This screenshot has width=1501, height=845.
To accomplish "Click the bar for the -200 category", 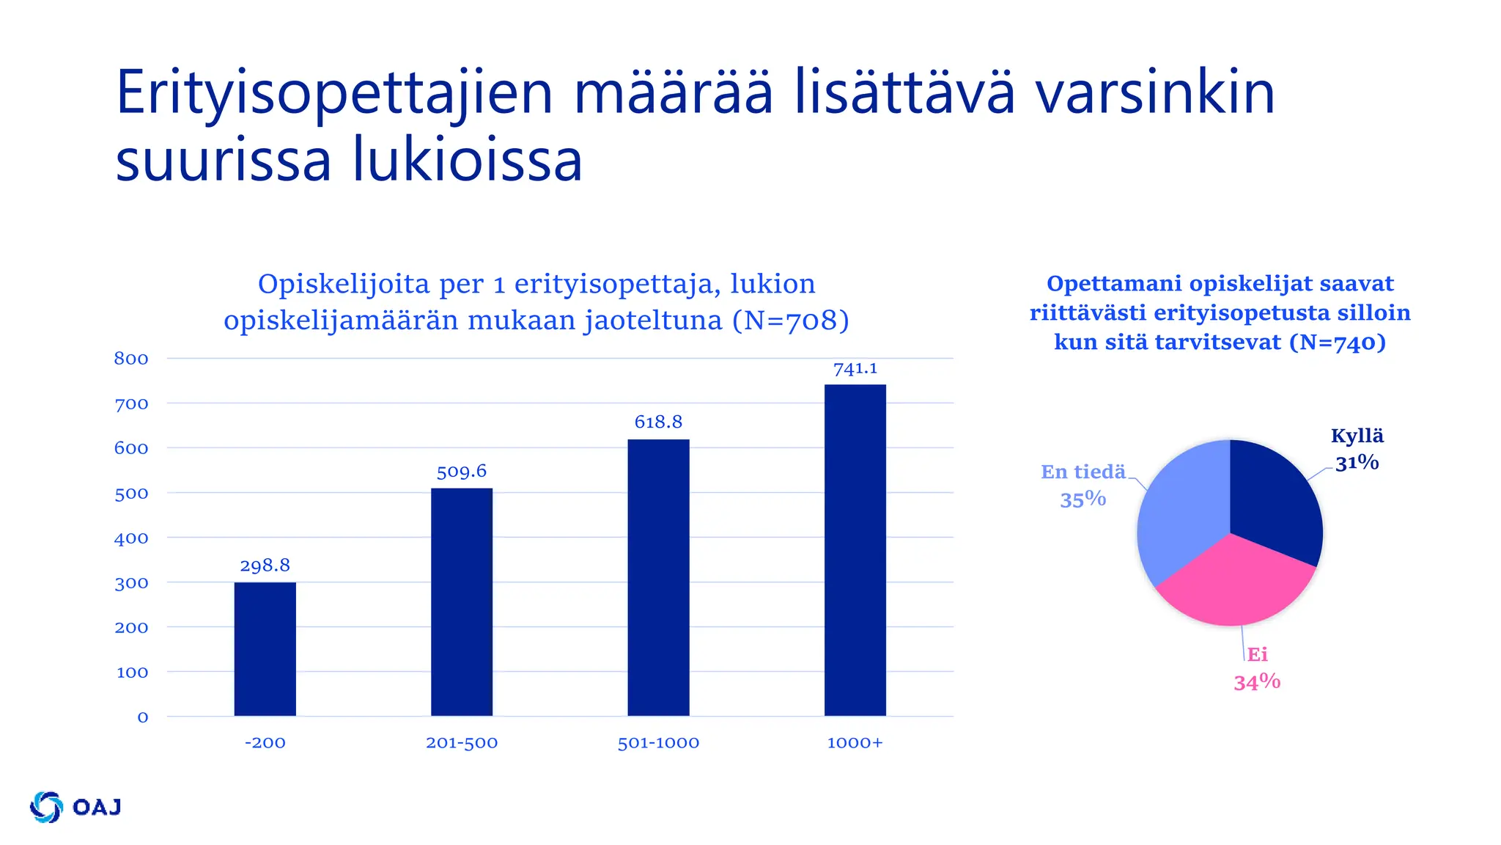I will pyautogui.click(x=265, y=648).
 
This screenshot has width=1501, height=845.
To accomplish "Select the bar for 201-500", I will pyautogui.click(x=462, y=601).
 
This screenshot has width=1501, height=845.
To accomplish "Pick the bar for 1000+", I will pyautogui.click(x=855, y=550).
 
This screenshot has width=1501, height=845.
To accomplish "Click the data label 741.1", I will pyautogui.click(x=855, y=369).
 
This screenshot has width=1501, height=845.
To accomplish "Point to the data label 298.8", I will pyautogui.click(x=265, y=566).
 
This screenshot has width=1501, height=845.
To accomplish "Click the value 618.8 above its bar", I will pyautogui.click(x=658, y=422).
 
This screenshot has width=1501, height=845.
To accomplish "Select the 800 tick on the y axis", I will pyautogui.click(x=131, y=359).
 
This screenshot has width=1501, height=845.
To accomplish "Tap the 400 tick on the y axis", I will pyautogui.click(x=131, y=538).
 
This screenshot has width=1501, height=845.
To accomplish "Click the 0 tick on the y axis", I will pyautogui.click(x=143, y=717).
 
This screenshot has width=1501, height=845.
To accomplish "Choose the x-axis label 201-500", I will pyautogui.click(x=462, y=743).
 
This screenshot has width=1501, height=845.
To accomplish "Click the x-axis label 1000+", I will pyautogui.click(x=855, y=743).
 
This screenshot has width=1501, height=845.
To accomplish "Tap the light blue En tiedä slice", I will pyautogui.click(x=1180, y=513).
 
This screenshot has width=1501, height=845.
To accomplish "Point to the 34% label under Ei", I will pyautogui.click(x=1256, y=683).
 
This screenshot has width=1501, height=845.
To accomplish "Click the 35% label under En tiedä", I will pyautogui.click(x=1083, y=500).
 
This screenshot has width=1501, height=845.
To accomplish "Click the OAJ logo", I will pyautogui.click(x=75, y=807).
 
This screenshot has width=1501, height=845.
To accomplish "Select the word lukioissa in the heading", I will pyautogui.click(x=468, y=161).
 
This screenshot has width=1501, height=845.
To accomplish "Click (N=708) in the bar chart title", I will pyautogui.click(x=790, y=321).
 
